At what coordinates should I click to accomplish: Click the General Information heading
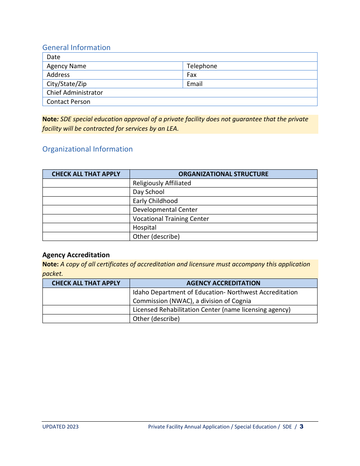76,47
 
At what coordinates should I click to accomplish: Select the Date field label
53,57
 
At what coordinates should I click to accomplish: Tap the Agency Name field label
66,66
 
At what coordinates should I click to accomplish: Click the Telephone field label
202,66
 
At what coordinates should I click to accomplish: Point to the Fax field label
191,75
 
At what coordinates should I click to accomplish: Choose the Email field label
194,84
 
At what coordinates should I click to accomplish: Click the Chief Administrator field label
75,92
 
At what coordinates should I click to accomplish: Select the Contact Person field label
68,102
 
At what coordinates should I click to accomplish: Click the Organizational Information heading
88,149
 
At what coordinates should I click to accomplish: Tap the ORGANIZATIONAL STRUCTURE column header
223,174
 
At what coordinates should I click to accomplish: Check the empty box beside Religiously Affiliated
86,183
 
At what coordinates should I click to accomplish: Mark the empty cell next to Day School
86,192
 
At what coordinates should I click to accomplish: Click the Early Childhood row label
155,201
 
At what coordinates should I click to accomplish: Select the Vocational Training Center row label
171,219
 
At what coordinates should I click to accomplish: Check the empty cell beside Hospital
86,227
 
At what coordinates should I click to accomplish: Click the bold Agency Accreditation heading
76,255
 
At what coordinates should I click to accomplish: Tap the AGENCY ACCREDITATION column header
223,283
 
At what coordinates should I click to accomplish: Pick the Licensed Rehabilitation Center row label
211,310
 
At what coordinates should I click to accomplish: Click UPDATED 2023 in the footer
60,427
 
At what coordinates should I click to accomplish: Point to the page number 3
301,427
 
